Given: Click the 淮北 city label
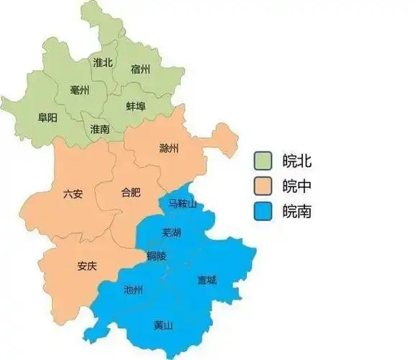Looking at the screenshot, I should pyautogui.click(x=103, y=63).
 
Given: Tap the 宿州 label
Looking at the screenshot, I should pyautogui.click(x=140, y=69).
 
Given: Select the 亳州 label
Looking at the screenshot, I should pyautogui.click(x=80, y=90).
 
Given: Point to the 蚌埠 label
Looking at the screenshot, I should pyautogui.click(x=135, y=106).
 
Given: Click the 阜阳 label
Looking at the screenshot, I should pyautogui.click(x=48, y=117).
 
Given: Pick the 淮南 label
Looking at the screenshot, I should pyautogui.click(x=100, y=129).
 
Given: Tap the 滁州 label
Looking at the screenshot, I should pyautogui.click(x=169, y=149).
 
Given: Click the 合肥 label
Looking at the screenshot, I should pyautogui.click(x=131, y=192).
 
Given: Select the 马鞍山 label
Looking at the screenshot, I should pyautogui.click(x=181, y=204).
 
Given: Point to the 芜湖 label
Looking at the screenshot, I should pyautogui.click(x=171, y=233).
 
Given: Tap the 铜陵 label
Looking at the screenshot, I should pyautogui.click(x=156, y=256).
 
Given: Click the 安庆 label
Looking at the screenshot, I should pyautogui.click(x=87, y=266).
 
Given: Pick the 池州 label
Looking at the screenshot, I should pyautogui.click(x=133, y=289).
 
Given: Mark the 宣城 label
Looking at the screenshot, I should pyautogui.click(x=207, y=281).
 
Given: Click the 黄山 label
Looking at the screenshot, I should pyautogui.click(x=163, y=325).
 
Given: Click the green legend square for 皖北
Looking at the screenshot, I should pyautogui.click(x=264, y=159).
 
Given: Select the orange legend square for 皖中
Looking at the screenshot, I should pyautogui.click(x=264, y=186).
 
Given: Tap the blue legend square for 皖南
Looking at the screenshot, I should pyautogui.click(x=264, y=212).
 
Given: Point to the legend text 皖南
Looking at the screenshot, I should pyautogui.click(x=297, y=212).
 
